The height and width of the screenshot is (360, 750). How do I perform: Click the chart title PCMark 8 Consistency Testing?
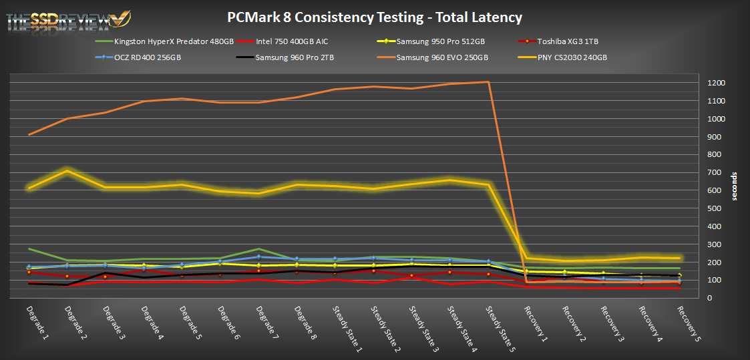(375, 18)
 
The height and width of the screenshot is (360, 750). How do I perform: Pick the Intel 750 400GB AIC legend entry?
(292, 41)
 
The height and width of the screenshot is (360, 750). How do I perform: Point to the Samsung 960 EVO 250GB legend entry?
(442, 57)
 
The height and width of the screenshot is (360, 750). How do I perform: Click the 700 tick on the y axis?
(715, 173)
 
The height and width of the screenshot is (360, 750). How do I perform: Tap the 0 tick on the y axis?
(710, 298)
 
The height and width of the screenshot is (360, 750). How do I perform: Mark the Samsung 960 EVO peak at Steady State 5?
(488, 82)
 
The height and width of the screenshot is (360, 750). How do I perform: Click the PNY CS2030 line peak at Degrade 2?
(67, 171)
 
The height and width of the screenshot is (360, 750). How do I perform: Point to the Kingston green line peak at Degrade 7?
(258, 248)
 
